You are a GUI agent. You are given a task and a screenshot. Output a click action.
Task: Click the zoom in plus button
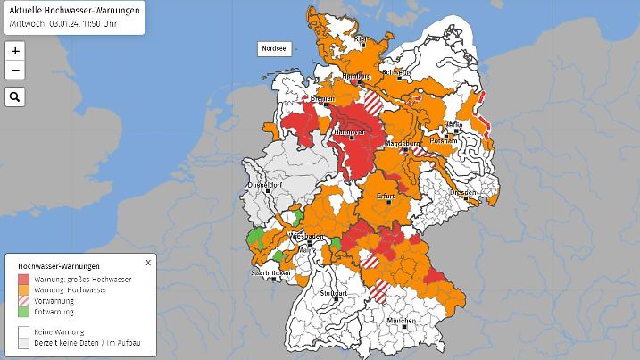pyautogui.click(x=15, y=51)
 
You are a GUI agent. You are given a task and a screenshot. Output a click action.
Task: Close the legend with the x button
pyautogui.click(x=148, y=263)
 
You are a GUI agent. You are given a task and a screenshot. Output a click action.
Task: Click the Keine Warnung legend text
pyautogui.click(x=58, y=331)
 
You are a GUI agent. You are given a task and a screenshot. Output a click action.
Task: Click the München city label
pyautogui.click(x=402, y=320)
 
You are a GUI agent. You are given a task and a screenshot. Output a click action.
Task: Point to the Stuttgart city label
pyautogui.click(x=332, y=292)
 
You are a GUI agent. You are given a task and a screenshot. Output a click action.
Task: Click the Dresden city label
pyautogui.click(x=462, y=193)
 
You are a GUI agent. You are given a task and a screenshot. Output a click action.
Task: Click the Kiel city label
pyautogui.click(x=362, y=39)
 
